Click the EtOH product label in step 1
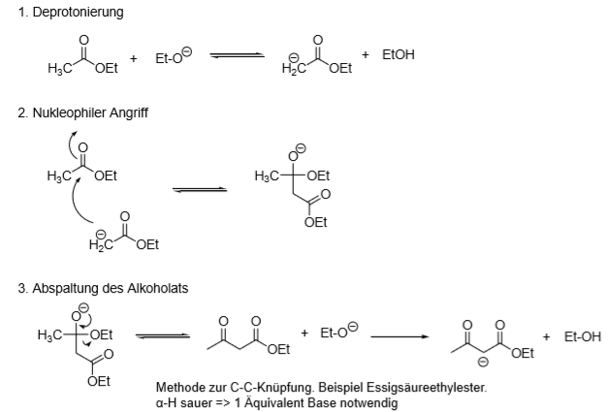point(398,54)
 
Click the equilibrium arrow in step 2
point(200,190)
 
